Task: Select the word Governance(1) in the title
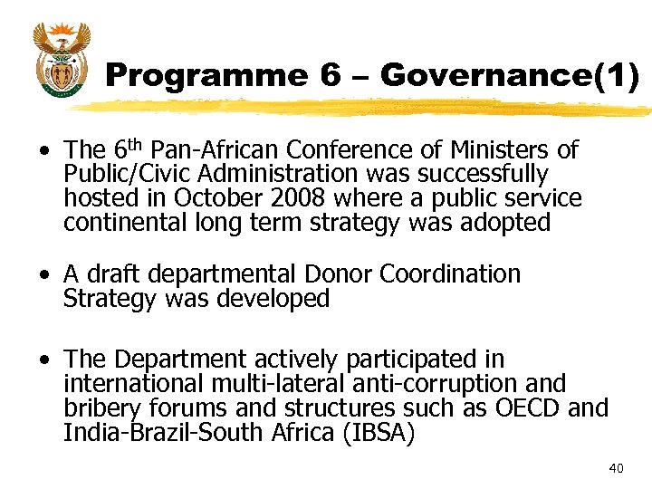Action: click(510, 76)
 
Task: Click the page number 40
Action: click(616, 467)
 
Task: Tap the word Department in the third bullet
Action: click(184, 360)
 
